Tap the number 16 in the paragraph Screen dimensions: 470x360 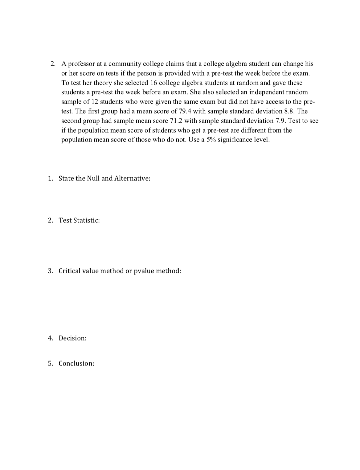153,83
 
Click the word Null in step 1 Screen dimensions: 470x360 93,179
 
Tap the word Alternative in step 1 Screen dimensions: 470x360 132,179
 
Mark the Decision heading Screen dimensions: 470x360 72,338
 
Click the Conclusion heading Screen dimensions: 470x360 76,364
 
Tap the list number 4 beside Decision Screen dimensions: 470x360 50,338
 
